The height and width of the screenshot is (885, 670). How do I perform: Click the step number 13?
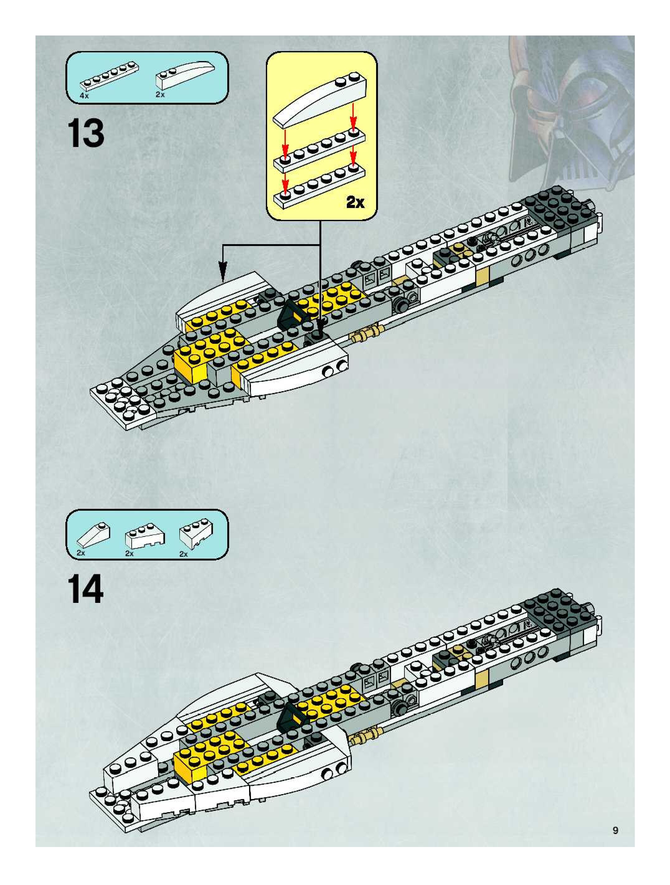click(x=86, y=134)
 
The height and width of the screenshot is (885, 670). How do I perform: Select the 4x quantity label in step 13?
click(x=84, y=96)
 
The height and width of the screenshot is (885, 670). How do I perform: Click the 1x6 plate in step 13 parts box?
click(x=110, y=76)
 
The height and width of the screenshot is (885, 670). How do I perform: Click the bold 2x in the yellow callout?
click(x=355, y=202)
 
